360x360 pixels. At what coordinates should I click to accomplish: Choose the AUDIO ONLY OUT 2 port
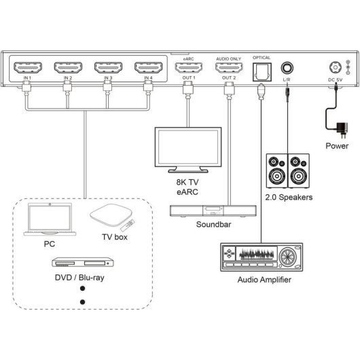(228, 69)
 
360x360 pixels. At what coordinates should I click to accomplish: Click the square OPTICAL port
(262, 69)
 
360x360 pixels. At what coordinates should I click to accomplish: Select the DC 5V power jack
(334, 69)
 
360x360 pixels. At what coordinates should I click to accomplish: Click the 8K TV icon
(184, 151)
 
